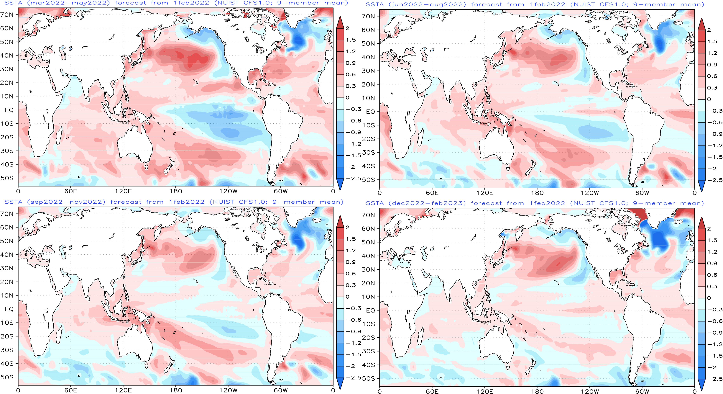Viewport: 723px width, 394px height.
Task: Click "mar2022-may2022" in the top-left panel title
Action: [x=68, y=3]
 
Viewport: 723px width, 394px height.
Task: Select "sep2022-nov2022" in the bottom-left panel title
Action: [x=66, y=202]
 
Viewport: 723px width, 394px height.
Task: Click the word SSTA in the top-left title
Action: [x=13, y=3]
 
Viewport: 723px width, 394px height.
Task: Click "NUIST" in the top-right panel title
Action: [x=583, y=4]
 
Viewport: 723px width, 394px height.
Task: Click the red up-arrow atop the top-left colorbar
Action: [x=340, y=22]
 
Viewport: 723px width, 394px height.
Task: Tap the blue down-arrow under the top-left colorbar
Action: [x=340, y=184]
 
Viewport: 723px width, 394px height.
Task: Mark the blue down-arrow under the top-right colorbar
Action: [x=701, y=185]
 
